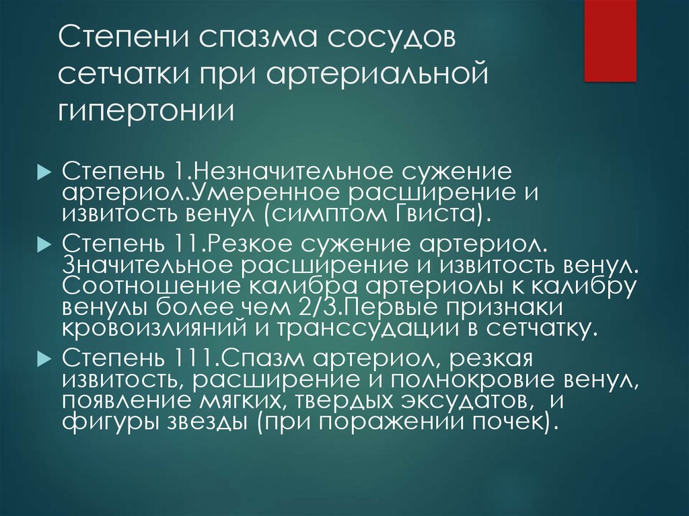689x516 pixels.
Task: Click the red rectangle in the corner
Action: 610,41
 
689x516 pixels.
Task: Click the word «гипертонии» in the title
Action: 146,110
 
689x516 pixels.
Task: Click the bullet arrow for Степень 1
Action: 44,172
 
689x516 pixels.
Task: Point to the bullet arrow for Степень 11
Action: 44,244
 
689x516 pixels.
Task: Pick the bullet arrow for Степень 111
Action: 44,359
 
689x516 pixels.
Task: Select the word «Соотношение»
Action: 151,287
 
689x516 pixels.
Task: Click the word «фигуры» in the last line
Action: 112,422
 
